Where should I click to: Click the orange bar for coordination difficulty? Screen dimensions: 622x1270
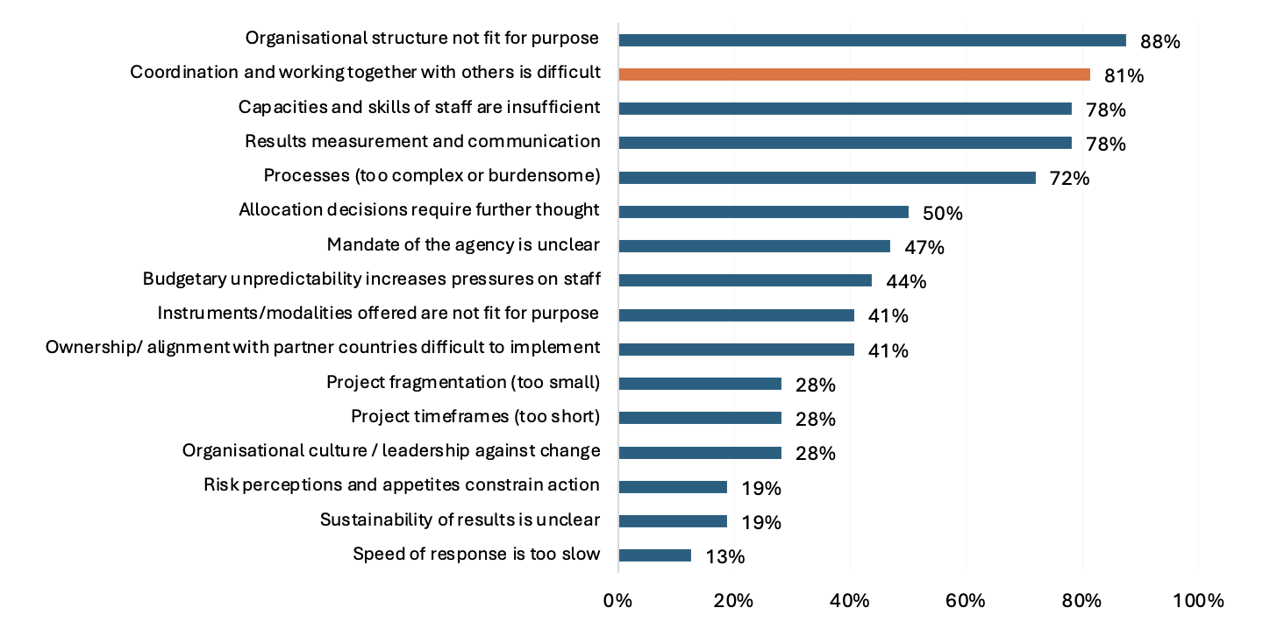tap(853, 74)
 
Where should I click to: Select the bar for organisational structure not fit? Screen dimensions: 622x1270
tap(872, 40)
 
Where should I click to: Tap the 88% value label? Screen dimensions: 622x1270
tap(1160, 41)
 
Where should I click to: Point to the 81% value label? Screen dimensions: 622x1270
tap(1124, 76)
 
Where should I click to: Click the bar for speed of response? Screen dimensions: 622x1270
tap(654, 555)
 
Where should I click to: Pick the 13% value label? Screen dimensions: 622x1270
tap(724, 557)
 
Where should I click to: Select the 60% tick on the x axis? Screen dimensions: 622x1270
tap(966, 601)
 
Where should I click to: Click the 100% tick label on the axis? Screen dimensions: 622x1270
tap(1197, 601)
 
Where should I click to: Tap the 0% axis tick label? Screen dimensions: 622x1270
tap(617, 601)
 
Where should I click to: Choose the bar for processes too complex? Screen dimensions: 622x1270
tap(826, 178)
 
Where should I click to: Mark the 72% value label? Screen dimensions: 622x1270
tap(1069, 179)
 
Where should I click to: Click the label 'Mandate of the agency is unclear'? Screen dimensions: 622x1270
tap(463, 244)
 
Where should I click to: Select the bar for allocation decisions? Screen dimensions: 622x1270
tap(763, 212)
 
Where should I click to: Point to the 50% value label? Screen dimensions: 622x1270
tap(942, 213)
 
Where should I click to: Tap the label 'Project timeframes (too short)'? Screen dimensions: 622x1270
tap(475, 416)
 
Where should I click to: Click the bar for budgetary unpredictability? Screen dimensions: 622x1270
tap(745, 280)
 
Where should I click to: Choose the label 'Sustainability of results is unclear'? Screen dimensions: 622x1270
tap(460, 520)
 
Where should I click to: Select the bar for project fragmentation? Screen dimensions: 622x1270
tap(699, 384)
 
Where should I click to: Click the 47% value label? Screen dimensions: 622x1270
tap(924, 247)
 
